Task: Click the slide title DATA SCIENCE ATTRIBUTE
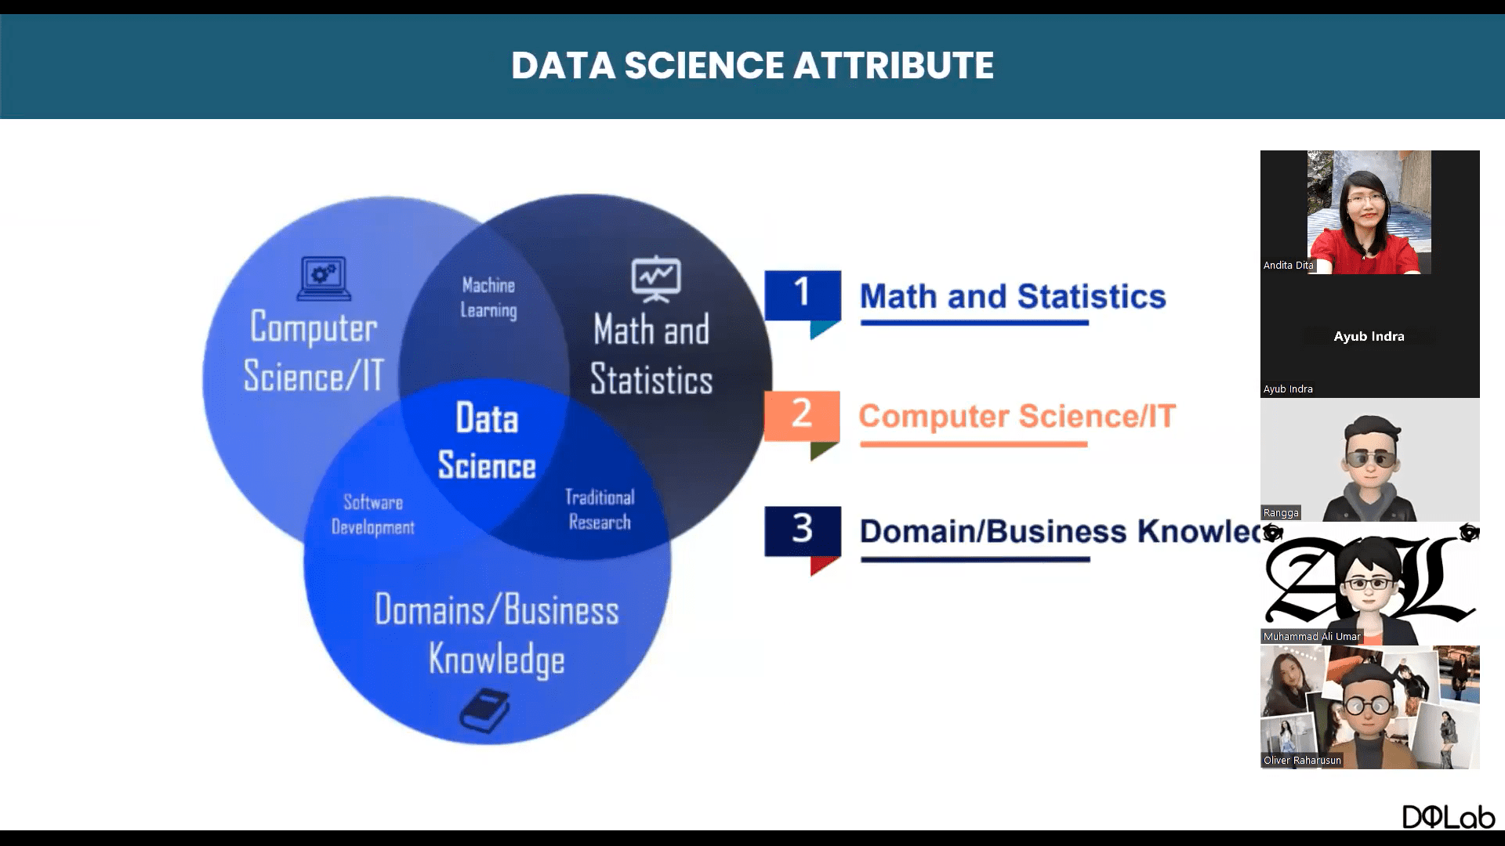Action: (752, 65)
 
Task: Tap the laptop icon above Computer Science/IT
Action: (324, 278)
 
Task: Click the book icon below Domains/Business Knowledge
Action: (484, 710)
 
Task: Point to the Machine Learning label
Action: (488, 298)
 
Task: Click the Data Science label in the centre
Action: (487, 441)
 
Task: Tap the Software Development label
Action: (373, 515)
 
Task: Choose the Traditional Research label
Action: (600, 509)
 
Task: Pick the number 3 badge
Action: (803, 540)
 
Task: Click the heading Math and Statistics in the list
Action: (1013, 297)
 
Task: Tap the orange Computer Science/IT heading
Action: (1017, 417)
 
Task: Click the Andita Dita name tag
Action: (1288, 266)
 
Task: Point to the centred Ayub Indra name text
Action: (1369, 336)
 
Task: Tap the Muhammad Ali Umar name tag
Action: (1312, 637)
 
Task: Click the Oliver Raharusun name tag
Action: (1302, 761)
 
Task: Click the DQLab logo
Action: (1449, 816)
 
